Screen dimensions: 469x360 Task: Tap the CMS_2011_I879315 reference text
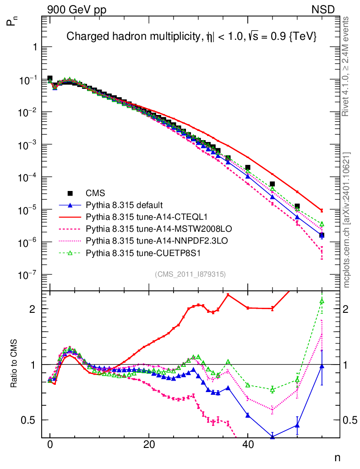coord(191,274)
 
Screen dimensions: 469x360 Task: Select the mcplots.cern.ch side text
coord(346,220)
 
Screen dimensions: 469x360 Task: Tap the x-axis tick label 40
coord(248,444)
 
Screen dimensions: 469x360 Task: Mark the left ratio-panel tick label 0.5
coord(30,420)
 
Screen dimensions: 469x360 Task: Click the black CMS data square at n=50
coord(297,207)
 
